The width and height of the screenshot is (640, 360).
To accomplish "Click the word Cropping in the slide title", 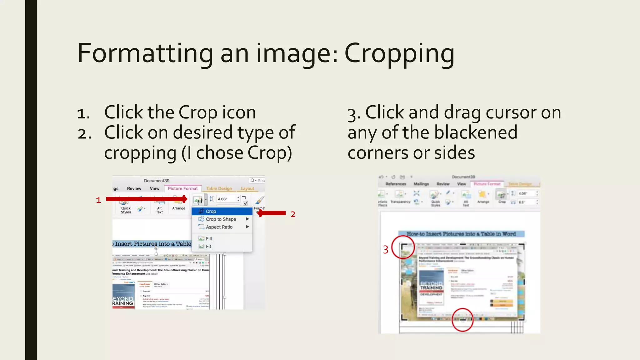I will [399, 54].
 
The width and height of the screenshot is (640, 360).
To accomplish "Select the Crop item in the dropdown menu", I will [211, 212].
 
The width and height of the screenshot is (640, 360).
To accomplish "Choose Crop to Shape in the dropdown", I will [221, 219].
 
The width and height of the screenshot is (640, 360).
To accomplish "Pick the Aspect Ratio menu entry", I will [219, 227].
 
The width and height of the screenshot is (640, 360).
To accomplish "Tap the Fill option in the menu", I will [209, 239].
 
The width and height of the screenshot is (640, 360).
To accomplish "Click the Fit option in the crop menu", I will [208, 247].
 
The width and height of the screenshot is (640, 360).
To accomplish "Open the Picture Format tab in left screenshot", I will [183, 188].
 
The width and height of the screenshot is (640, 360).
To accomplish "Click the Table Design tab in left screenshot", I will [219, 188].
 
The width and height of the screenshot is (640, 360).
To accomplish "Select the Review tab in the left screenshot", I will [134, 188].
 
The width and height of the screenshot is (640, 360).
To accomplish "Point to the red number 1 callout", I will [98, 200].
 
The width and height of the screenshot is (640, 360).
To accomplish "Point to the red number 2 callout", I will [293, 214].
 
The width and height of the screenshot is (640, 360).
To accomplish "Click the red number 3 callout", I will [386, 250].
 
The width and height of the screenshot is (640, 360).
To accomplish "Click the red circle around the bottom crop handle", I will [462, 320].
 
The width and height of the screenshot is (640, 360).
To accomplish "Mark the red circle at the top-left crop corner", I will [403, 247].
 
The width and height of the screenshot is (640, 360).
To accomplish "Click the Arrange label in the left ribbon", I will [179, 208].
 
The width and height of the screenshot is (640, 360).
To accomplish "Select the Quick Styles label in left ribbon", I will [126, 210].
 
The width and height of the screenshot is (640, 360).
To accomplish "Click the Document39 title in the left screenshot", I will [157, 181].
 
